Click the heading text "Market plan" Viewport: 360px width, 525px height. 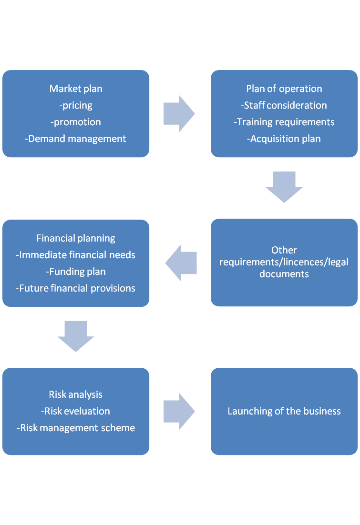click(x=76, y=89)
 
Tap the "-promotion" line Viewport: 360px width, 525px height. click(x=76, y=122)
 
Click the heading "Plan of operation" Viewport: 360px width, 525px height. click(x=284, y=89)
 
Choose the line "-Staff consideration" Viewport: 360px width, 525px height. click(x=284, y=105)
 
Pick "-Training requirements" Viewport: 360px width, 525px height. click(x=284, y=122)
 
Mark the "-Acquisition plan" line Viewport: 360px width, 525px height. click(x=284, y=139)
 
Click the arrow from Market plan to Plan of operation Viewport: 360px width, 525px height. click(x=179, y=113)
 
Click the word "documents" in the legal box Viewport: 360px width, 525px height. click(x=284, y=274)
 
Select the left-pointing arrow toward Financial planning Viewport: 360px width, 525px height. click(x=181, y=263)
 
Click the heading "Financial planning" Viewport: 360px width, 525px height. click(x=76, y=238)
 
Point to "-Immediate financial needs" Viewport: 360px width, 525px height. click(x=76, y=255)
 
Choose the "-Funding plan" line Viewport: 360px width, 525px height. click(x=76, y=272)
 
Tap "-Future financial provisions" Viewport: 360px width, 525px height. click(x=76, y=288)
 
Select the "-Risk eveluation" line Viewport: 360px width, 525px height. click(x=76, y=411)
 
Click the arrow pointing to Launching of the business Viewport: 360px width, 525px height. click(x=179, y=411)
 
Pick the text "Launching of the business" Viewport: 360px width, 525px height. click(x=284, y=411)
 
